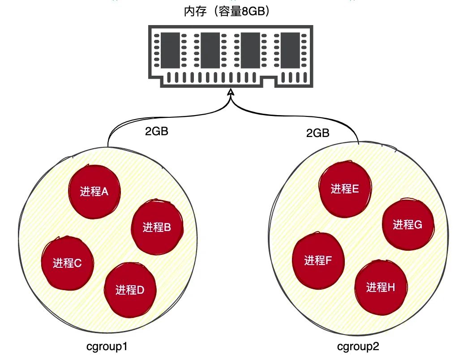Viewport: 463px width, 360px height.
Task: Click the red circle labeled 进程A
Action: click(x=94, y=191)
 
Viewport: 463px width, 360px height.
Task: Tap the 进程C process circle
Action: click(x=67, y=263)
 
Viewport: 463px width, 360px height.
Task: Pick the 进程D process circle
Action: click(x=130, y=290)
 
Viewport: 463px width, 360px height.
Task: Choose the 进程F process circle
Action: click(x=318, y=260)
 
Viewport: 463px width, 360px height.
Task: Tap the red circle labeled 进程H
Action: click(x=381, y=287)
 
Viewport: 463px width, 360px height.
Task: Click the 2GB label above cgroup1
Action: click(x=156, y=133)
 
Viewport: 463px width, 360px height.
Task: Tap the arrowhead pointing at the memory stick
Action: click(x=231, y=93)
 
